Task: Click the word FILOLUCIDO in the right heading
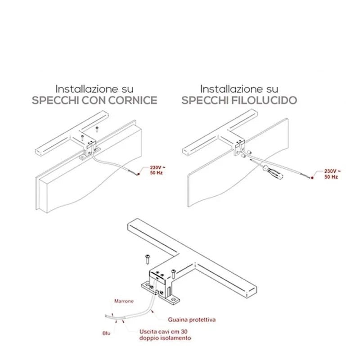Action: point(263,100)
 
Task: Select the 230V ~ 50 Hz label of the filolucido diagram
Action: point(333,174)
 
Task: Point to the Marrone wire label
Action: point(124,301)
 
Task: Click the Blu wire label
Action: point(106,333)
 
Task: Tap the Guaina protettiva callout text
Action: point(192,319)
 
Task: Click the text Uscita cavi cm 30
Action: point(163,332)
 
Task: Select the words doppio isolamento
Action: point(165,338)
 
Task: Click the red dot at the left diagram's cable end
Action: point(138,174)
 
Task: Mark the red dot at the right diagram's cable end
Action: point(312,178)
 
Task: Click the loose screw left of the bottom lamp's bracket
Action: point(147,259)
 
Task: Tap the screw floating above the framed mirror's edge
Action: point(97,129)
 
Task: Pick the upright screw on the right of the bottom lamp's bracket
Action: point(173,274)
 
